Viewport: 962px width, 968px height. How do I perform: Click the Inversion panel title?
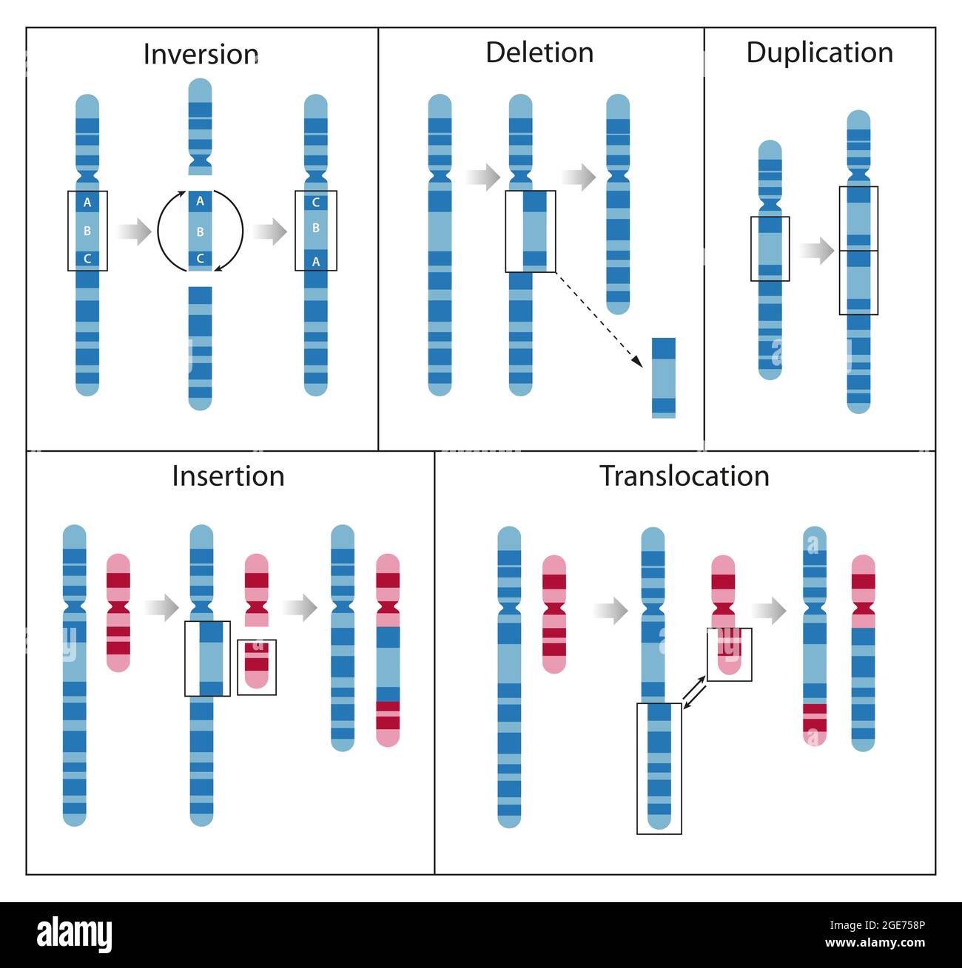pos(201,55)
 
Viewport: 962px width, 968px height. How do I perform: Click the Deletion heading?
pos(539,53)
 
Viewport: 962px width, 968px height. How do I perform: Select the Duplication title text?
pos(819,53)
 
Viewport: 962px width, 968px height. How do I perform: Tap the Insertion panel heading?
pos(228,476)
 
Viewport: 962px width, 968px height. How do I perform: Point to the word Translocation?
pos(684,476)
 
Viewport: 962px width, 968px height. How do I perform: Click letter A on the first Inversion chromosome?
pos(87,203)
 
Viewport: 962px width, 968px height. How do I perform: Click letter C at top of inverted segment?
pos(316,203)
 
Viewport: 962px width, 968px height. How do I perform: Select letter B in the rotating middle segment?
pos(200,231)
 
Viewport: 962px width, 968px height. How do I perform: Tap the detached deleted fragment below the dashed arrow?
pos(664,378)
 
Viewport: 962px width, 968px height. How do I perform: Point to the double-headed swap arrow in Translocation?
pos(694,694)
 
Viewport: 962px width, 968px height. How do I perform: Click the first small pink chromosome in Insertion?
pos(118,612)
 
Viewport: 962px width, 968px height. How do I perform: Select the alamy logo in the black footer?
pos(75,935)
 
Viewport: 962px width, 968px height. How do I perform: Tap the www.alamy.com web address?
pos(875,943)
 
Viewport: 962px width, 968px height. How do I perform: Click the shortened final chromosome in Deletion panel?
pos(618,203)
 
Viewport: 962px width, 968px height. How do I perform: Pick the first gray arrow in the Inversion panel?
pos(133,231)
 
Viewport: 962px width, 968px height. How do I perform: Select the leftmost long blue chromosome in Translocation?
pos(509,677)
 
